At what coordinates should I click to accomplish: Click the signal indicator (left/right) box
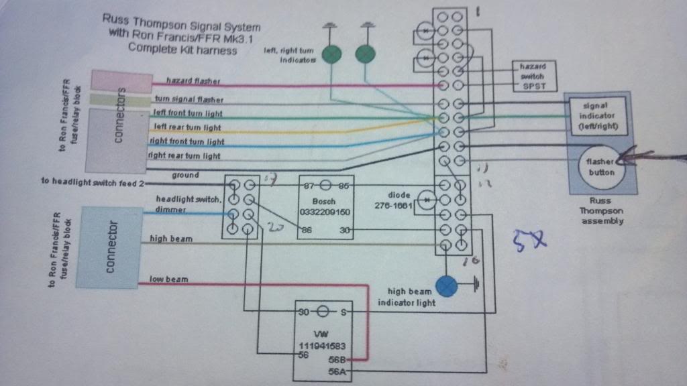[x=596, y=115]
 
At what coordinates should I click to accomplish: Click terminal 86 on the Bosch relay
[x=308, y=229]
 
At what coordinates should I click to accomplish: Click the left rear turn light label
[x=187, y=127]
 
